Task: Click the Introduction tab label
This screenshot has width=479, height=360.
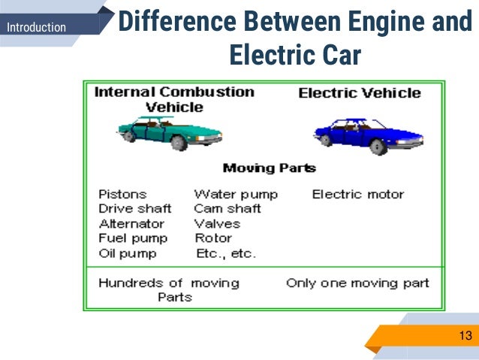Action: (x=36, y=28)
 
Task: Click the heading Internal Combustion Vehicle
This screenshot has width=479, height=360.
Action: (x=174, y=99)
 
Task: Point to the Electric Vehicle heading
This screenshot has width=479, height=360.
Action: (x=360, y=93)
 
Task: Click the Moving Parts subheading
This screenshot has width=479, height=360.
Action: (x=270, y=168)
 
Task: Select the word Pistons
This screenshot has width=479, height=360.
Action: (x=122, y=194)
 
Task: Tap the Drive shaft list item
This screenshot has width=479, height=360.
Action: (x=135, y=208)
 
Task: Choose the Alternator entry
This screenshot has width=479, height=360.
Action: (x=131, y=223)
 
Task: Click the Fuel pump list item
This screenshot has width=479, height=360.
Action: (x=133, y=238)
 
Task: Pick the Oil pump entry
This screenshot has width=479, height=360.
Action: (x=128, y=253)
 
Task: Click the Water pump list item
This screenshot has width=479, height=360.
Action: (x=236, y=194)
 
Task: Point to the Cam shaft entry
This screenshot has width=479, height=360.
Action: (x=227, y=208)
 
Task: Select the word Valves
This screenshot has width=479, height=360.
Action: (x=217, y=223)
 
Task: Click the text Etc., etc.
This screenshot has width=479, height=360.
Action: (x=225, y=253)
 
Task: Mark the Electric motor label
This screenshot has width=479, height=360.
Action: (x=358, y=194)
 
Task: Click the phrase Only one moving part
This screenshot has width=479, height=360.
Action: (x=357, y=283)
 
